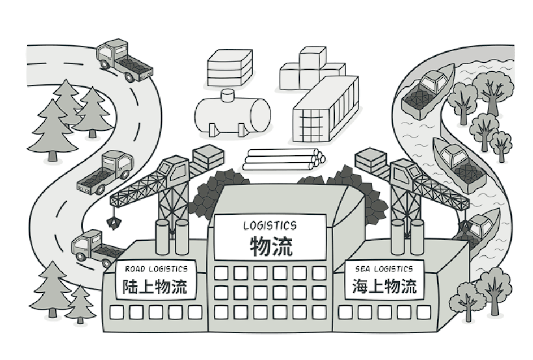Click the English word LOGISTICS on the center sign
[x=270, y=225]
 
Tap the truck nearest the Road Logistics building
[x=96, y=247]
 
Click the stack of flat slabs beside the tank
[x=229, y=67]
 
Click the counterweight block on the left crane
[x=208, y=155]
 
